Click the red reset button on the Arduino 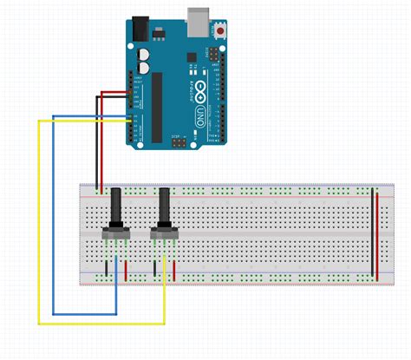point(222,32)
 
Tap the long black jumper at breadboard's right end point(373,232)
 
